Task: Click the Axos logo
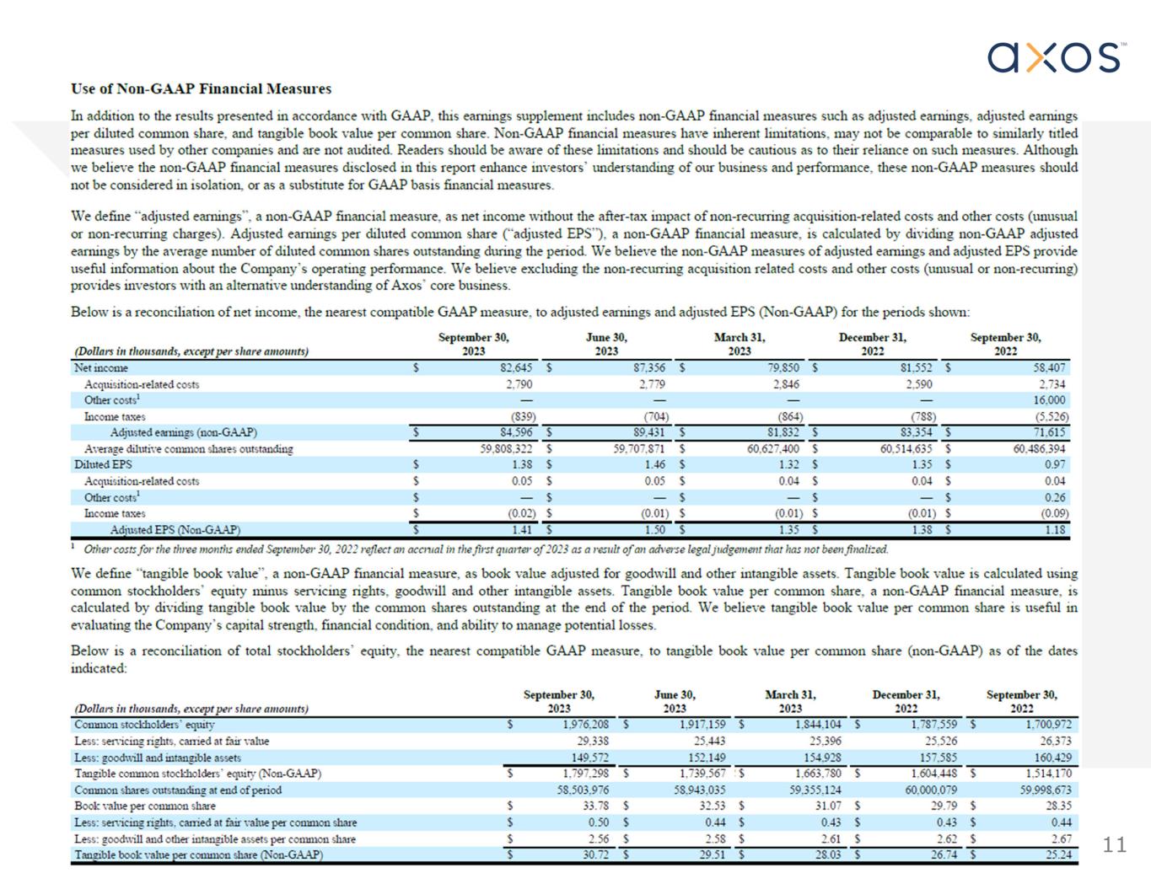point(1056,57)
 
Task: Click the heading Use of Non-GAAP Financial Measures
point(201,88)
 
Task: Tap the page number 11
point(1115,845)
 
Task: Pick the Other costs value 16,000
point(1049,400)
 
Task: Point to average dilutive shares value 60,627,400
point(773,449)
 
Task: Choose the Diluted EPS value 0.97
point(1054,465)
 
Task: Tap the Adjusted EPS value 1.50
point(654,530)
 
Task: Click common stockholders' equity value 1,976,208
point(585,725)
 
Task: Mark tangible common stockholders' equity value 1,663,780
point(818,774)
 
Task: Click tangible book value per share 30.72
point(595,854)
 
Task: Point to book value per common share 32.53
point(712,806)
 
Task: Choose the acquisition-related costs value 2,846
point(786,384)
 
